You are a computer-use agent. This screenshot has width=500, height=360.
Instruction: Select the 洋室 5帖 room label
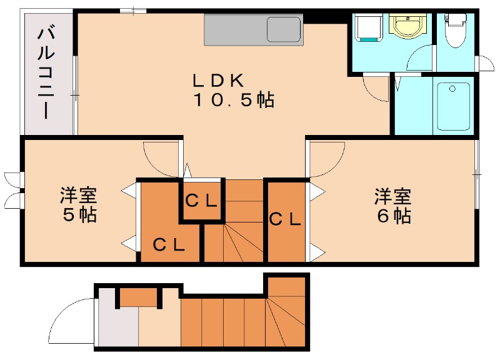click(78, 205)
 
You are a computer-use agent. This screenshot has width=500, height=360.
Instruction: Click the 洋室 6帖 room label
click(392, 206)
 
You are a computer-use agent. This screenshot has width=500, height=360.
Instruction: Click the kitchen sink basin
click(284, 29)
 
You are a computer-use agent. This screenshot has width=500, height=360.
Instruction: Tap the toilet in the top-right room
click(454, 31)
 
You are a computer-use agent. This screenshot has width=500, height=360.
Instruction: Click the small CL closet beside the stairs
click(201, 201)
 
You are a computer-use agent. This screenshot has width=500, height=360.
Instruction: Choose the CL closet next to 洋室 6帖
click(285, 219)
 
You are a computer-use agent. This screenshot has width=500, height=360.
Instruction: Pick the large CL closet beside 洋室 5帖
click(168, 244)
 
